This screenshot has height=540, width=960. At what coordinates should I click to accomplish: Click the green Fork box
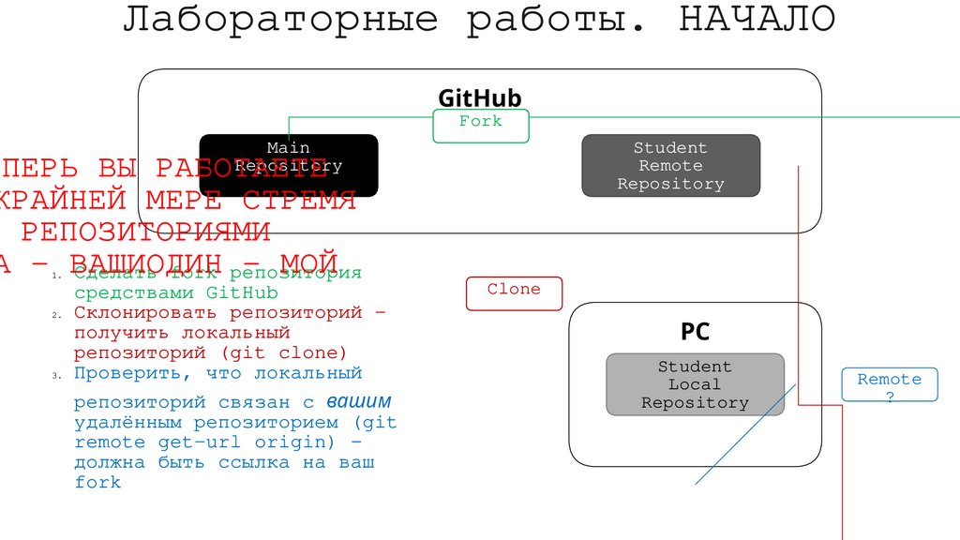(x=481, y=126)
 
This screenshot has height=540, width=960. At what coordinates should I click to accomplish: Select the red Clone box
(x=514, y=293)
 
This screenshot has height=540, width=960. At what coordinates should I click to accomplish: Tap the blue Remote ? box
(x=890, y=384)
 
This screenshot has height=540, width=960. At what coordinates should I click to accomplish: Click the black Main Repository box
(x=288, y=165)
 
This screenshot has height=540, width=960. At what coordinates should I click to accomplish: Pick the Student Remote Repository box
(x=670, y=166)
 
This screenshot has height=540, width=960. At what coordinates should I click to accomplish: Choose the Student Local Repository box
(x=695, y=384)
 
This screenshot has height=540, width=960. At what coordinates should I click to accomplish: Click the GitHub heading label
(x=479, y=99)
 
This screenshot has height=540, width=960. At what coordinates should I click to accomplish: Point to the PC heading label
(x=695, y=331)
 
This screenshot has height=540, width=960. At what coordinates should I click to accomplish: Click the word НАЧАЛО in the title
(x=757, y=20)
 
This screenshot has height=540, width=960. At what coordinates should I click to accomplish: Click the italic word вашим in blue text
(x=359, y=402)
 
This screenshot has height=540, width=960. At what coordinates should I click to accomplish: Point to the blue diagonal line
(x=744, y=434)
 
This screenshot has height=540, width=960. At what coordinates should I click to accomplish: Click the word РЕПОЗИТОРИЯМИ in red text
(x=145, y=231)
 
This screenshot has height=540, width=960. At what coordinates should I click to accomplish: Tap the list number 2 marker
(x=55, y=315)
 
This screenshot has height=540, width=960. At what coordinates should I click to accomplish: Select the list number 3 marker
(x=55, y=375)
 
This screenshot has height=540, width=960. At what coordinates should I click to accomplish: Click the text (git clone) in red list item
(x=284, y=353)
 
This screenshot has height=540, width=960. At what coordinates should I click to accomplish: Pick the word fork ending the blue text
(x=98, y=482)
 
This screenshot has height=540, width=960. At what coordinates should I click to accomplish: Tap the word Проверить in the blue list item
(x=123, y=373)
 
